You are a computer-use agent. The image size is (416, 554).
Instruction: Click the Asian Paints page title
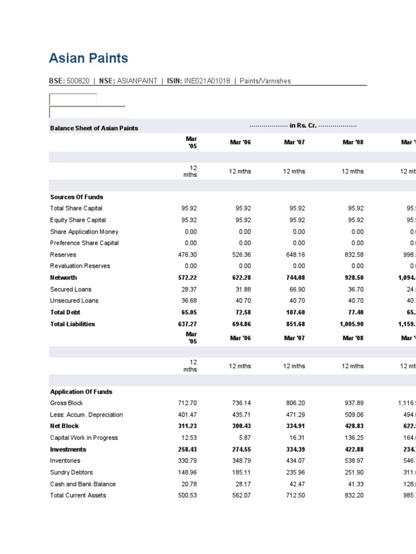(x=88, y=58)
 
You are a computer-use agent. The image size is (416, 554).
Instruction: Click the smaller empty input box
(x=73, y=100)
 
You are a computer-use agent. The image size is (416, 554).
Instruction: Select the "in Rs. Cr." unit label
(x=303, y=126)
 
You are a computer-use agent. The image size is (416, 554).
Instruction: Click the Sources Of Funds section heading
(x=76, y=197)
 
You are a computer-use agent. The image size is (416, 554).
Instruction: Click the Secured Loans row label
(x=71, y=289)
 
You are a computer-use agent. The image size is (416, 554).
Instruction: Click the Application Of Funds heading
(x=81, y=392)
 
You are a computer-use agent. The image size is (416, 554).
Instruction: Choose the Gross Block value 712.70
(x=187, y=403)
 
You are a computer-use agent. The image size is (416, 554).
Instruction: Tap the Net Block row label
(x=64, y=426)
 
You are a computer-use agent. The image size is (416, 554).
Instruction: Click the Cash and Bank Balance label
(x=83, y=484)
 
